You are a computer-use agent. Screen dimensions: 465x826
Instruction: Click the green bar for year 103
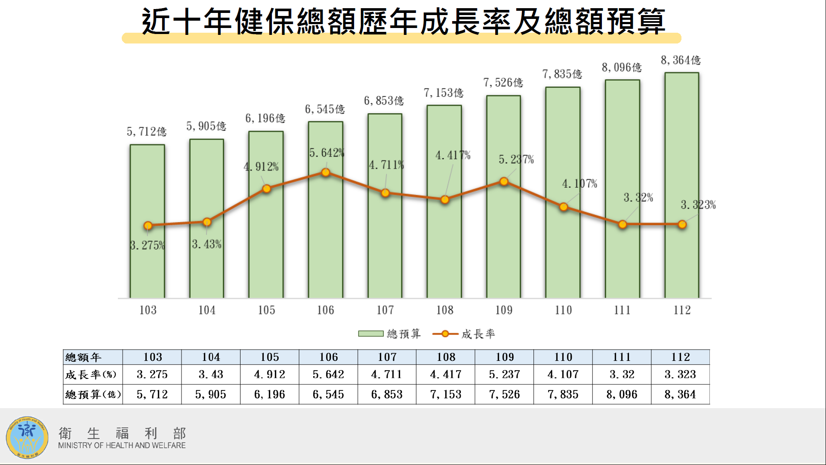(147, 263)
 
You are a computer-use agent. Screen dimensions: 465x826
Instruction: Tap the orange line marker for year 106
(326, 173)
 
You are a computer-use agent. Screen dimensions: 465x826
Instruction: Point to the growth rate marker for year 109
(504, 182)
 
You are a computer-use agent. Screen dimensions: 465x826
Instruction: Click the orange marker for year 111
(623, 224)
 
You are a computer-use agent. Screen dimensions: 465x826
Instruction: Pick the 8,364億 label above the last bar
(681, 60)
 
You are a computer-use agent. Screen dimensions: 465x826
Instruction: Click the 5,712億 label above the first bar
(146, 131)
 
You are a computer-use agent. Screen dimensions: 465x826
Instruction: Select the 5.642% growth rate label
(327, 153)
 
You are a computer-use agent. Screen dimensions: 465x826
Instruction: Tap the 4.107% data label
(579, 184)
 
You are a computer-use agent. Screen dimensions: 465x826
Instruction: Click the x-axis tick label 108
(444, 310)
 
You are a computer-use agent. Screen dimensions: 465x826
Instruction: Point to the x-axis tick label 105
(266, 310)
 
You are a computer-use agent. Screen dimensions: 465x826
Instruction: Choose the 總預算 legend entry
(390, 334)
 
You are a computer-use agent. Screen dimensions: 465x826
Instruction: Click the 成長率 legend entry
(465, 334)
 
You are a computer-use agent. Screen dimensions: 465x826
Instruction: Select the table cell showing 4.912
(269, 375)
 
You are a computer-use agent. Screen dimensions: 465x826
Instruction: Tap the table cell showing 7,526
(504, 394)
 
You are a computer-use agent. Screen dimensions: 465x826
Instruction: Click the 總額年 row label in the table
(83, 357)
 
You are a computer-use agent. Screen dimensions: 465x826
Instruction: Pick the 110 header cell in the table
(563, 357)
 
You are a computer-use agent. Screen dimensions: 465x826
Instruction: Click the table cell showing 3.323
(680, 375)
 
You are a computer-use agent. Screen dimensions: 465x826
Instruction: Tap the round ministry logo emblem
(27, 437)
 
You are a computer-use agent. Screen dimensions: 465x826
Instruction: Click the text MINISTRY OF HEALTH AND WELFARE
(122, 446)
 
